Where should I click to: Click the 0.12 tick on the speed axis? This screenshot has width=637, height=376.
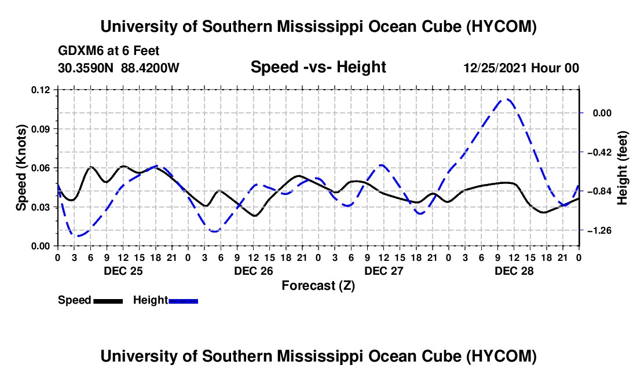(40, 90)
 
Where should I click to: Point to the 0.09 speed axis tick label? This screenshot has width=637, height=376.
(40, 129)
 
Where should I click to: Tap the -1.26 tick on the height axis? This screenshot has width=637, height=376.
(599, 230)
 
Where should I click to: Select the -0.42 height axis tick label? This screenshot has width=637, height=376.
(599, 152)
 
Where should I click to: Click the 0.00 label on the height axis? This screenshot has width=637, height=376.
(602, 113)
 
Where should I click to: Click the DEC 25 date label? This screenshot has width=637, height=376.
(123, 271)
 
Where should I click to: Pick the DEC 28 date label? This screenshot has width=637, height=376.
(514, 271)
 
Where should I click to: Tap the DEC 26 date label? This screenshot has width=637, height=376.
(254, 271)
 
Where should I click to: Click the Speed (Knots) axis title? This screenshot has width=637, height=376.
(21, 168)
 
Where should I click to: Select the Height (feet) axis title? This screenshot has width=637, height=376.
(623, 168)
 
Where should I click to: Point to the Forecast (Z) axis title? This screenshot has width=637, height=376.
(318, 286)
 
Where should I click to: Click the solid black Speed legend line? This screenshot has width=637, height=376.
(108, 301)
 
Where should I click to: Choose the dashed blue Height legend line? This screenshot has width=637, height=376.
(183, 301)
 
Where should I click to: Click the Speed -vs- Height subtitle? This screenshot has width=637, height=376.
(318, 67)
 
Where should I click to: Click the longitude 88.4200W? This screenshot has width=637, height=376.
(150, 68)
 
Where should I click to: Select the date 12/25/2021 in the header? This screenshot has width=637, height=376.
(495, 68)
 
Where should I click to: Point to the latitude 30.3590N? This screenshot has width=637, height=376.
(86, 68)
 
